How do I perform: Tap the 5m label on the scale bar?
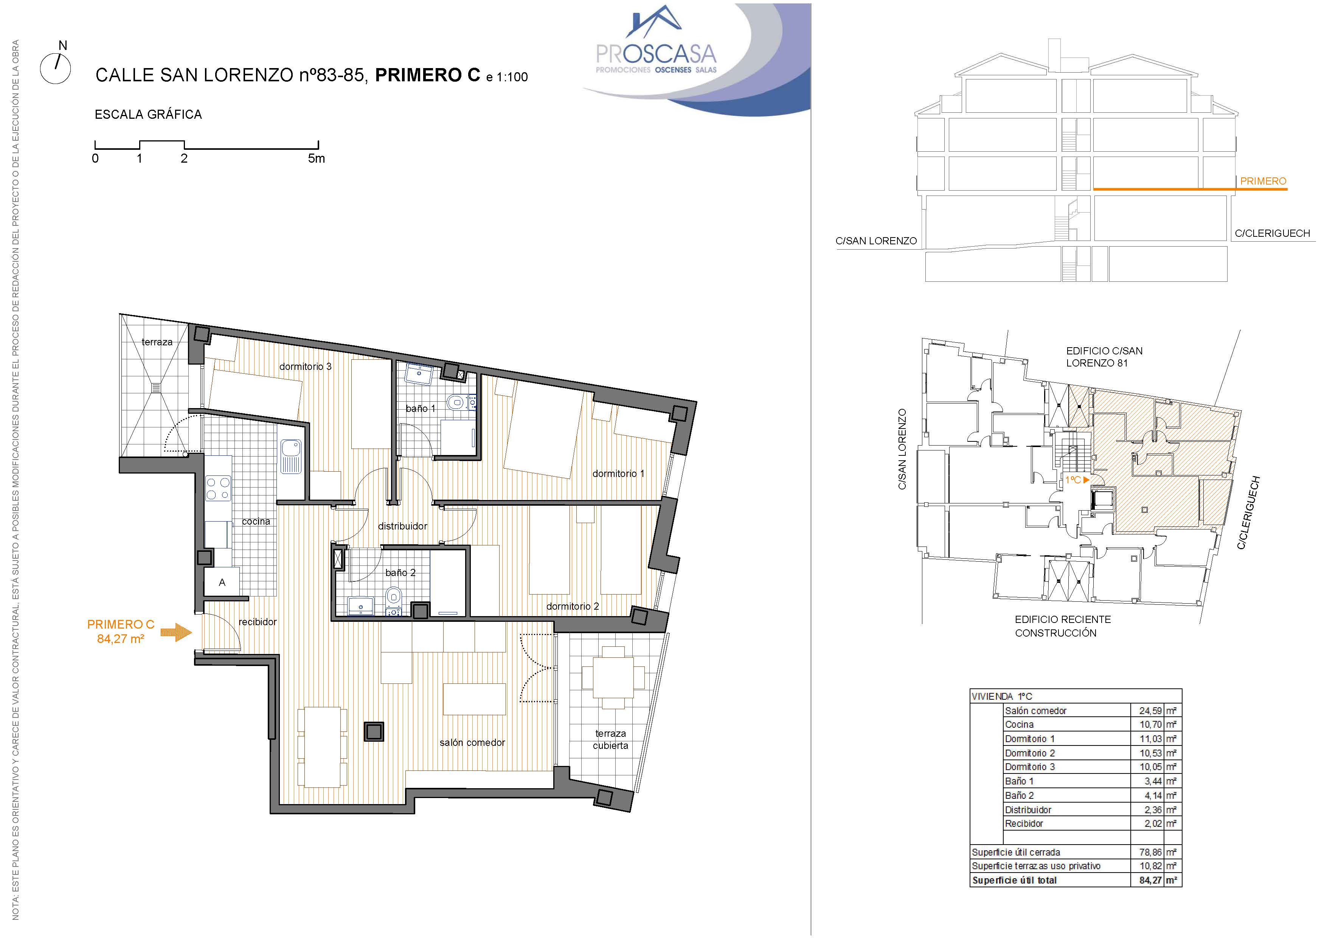point(316,158)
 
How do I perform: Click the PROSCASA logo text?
point(656,54)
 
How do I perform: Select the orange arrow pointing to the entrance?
point(176,632)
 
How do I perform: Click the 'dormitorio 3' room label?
point(305,367)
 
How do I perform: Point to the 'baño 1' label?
point(420,408)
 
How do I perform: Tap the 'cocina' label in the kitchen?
point(256,521)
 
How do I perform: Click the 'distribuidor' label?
point(402,526)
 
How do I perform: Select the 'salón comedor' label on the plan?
point(472,743)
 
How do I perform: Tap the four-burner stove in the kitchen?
point(219,488)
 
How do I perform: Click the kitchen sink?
point(291,457)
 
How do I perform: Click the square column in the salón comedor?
point(374,731)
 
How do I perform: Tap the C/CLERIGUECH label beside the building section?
point(1272,233)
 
